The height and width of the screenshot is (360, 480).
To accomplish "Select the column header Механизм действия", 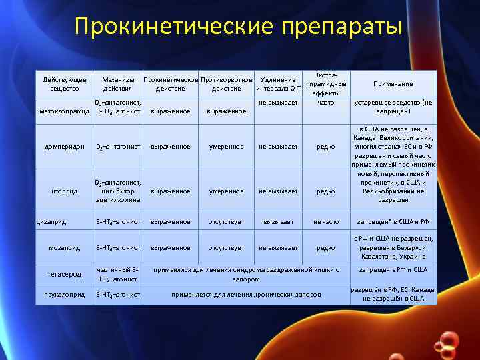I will [x=118, y=84].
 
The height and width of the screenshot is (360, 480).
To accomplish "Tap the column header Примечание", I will [x=393, y=84].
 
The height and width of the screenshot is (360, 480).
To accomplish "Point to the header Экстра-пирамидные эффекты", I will [x=326, y=84].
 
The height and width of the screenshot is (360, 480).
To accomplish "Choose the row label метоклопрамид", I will [x=65, y=111].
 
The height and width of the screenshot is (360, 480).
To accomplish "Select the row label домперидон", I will [x=65, y=147].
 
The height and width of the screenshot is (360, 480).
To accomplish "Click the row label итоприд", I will [x=65, y=191].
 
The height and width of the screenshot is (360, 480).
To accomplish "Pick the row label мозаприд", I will [x=65, y=247].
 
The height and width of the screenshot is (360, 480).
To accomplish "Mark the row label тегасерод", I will [x=65, y=274].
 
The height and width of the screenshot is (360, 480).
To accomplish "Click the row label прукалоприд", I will [x=65, y=294].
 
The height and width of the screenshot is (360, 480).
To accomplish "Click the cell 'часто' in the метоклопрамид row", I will [x=326, y=103].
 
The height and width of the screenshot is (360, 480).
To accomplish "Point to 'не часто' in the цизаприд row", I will [x=326, y=221].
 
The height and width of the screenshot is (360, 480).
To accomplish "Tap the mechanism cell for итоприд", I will [x=118, y=191].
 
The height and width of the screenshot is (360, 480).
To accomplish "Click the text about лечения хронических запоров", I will [x=247, y=294].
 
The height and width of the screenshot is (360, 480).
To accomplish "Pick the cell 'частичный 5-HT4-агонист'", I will [x=118, y=274].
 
